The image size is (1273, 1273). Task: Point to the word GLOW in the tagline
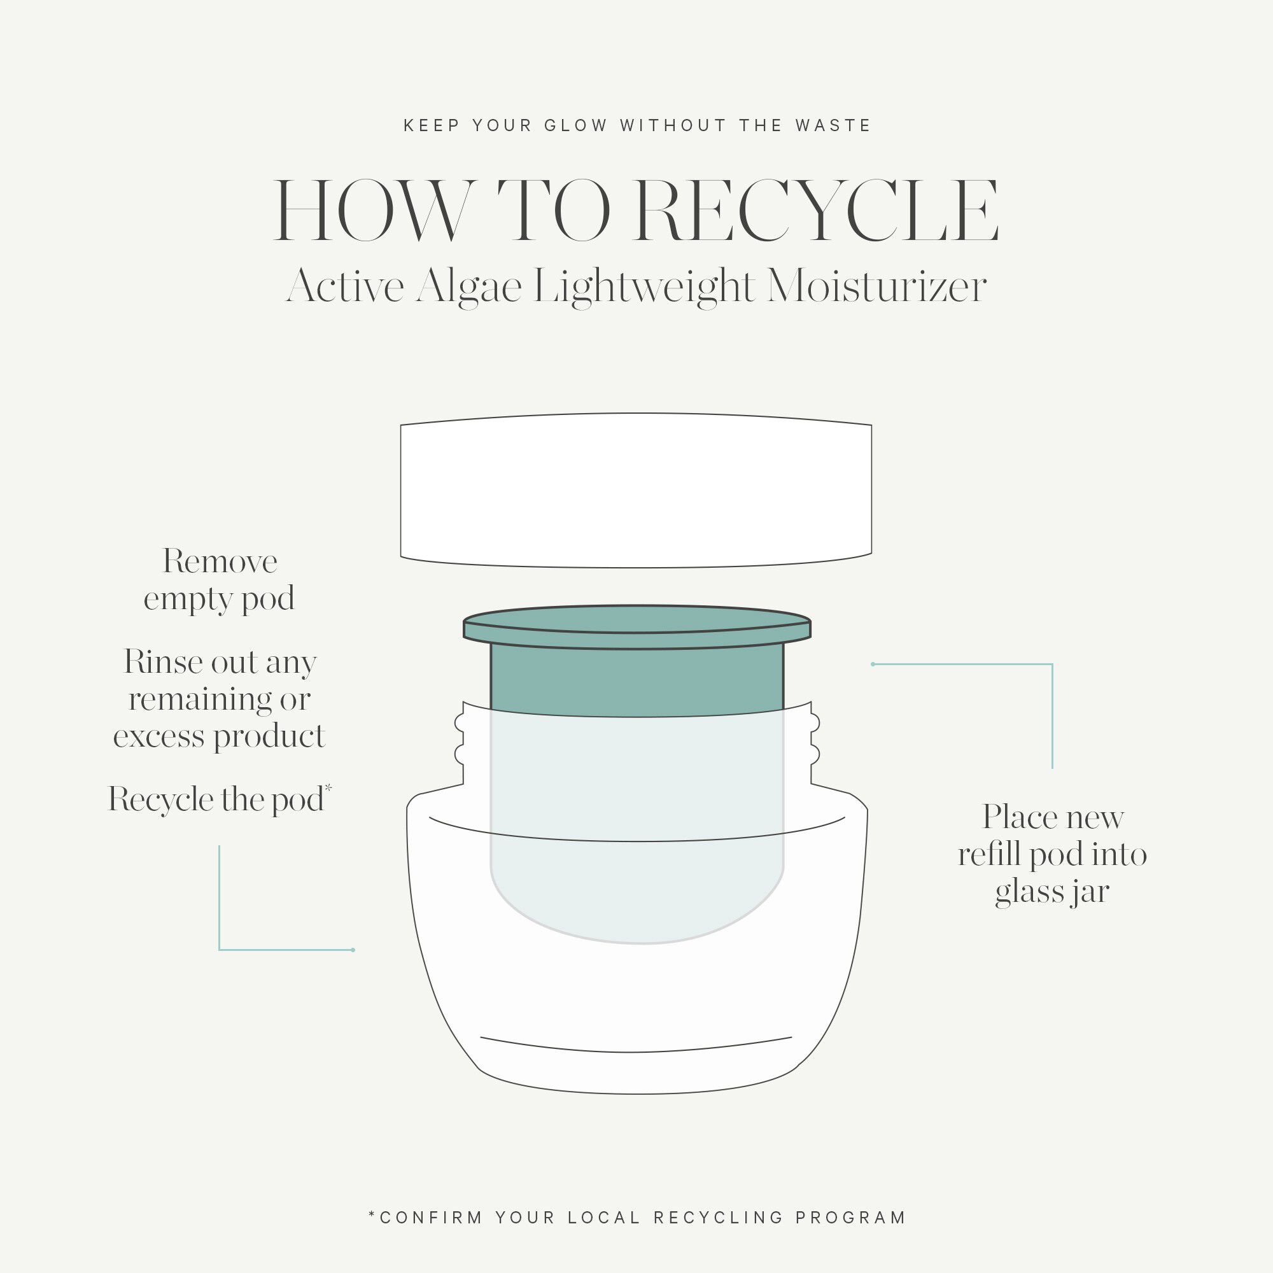[x=575, y=125]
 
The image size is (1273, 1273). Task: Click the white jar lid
[x=636, y=490]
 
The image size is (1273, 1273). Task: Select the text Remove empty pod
[x=220, y=580]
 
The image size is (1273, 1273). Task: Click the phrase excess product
[x=220, y=735]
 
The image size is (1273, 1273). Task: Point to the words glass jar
[x=1051, y=892]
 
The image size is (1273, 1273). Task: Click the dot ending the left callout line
[x=353, y=950]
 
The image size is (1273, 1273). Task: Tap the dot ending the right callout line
[x=873, y=664]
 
